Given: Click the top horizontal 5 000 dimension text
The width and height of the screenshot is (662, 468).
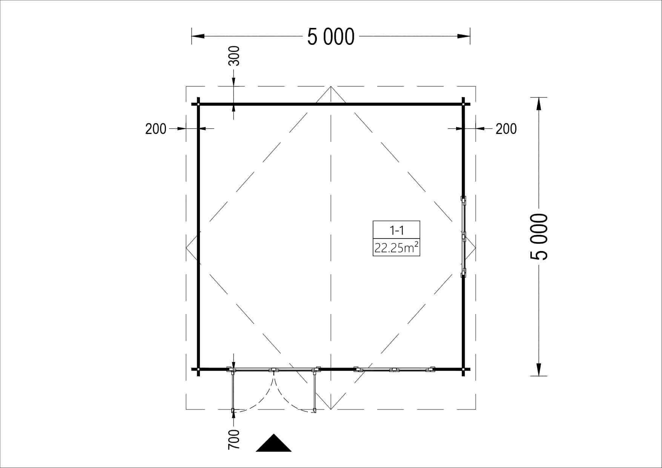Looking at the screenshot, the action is pos(331,37).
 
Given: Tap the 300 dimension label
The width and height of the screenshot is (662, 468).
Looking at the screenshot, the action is pos(234,56).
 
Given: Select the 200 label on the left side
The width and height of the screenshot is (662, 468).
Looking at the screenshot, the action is pos(156,129).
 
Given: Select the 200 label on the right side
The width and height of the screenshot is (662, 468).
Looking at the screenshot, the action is pos(506,129).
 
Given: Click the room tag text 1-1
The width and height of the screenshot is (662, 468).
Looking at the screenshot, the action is pos(396,230).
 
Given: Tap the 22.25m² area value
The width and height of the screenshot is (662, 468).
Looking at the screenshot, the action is pos(396,248).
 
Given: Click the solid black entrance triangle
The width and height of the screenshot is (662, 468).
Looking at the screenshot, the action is pos(273,443).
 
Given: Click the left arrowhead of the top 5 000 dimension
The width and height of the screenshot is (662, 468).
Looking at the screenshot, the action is pos(198,36).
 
